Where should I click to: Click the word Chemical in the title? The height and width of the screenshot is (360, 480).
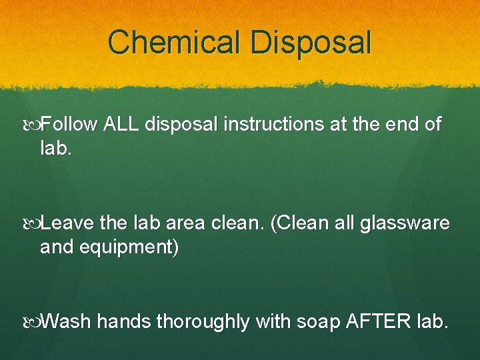pyautogui.click(x=175, y=42)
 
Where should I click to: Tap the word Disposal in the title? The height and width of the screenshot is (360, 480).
pyautogui.click(x=310, y=42)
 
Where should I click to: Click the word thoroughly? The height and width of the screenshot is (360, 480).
pyautogui.click(x=203, y=322)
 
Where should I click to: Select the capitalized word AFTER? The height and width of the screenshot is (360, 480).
pyautogui.click(x=377, y=322)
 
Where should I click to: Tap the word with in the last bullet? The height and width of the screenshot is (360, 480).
pyautogui.click(x=273, y=322)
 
